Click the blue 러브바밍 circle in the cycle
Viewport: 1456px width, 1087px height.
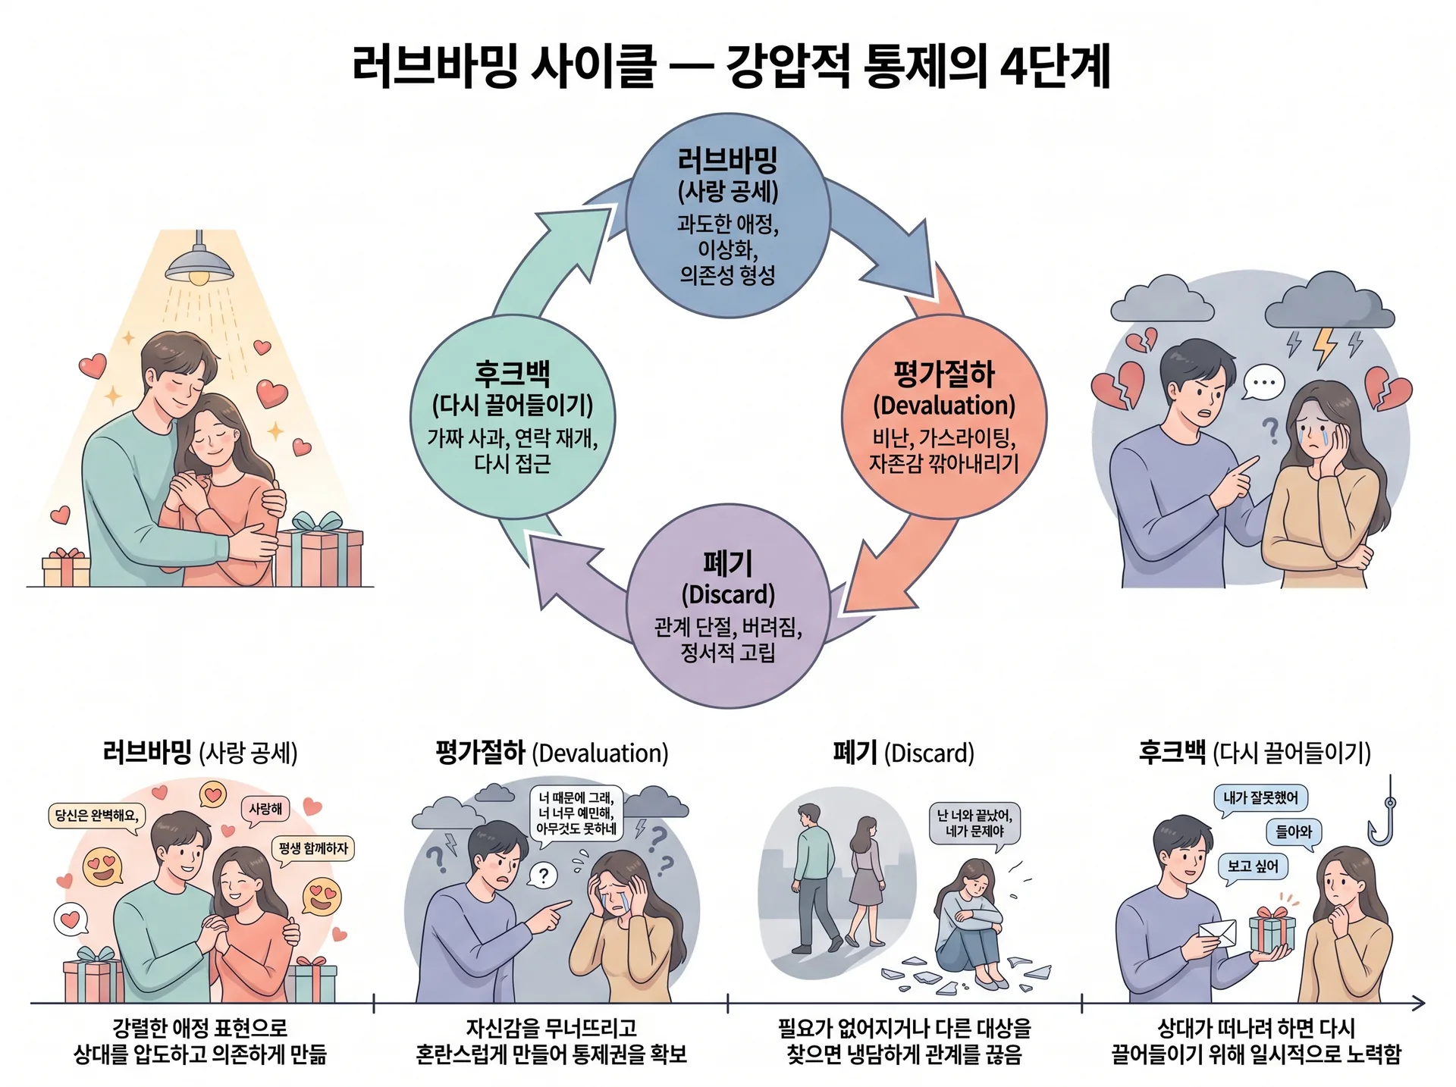727,216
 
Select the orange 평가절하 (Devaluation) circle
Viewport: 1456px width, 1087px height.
944,417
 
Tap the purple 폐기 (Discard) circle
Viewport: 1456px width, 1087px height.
727,606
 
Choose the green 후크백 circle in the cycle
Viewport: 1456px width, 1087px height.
512,417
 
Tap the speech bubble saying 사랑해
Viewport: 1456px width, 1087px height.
265,810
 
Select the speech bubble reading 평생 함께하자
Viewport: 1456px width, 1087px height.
313,849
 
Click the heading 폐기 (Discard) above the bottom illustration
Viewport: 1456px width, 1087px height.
903,753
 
